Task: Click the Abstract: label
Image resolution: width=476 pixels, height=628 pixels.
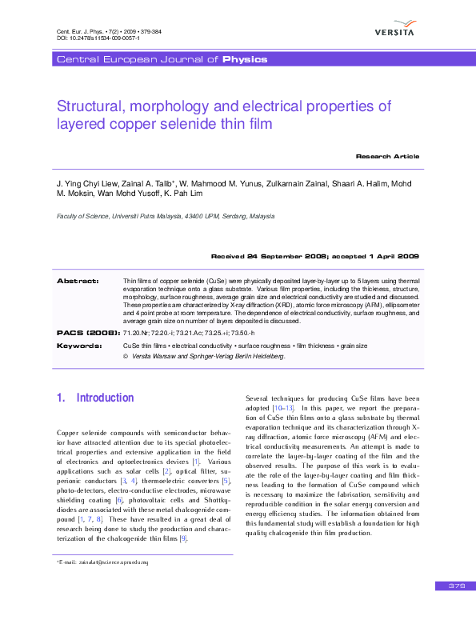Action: [x=78, y=281]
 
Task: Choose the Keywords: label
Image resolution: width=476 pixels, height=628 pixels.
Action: [x=79, y=346]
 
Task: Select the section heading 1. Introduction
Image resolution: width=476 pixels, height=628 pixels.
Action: [x=95, y=398]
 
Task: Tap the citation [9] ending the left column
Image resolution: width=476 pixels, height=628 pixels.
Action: [x=183, y=516]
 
